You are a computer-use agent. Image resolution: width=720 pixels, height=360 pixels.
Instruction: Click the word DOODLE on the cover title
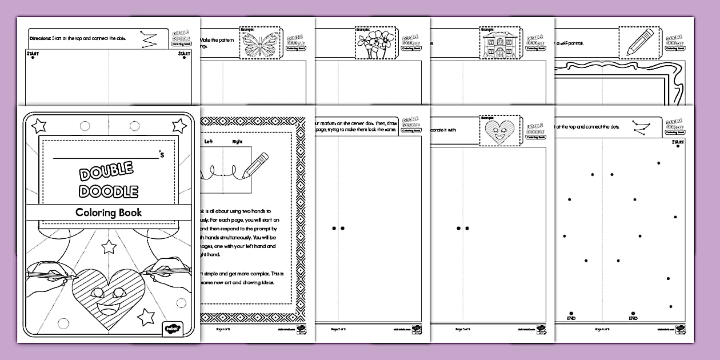(108, 191)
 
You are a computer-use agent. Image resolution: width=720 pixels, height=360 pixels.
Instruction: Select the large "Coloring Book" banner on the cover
(109, 212)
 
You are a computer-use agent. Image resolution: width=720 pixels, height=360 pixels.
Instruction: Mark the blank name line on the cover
(105, 155)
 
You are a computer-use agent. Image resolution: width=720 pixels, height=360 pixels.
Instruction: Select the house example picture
(495, 43)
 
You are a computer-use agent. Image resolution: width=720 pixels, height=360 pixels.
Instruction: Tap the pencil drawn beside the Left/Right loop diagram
(255, 165)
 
